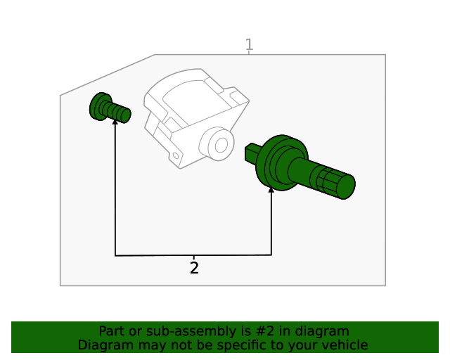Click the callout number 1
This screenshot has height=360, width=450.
(249, 46)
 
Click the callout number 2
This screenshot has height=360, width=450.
(194, 268)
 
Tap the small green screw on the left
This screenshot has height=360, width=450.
(110, 108)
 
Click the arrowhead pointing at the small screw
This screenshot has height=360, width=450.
(115, 122)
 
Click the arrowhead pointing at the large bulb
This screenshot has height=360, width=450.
(271, 189)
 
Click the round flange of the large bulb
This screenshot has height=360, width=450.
(278, 162)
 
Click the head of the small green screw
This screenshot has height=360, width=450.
(98, 105)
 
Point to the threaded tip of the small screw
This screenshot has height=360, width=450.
(124, 114)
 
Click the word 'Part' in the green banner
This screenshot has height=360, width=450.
(111, 331)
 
